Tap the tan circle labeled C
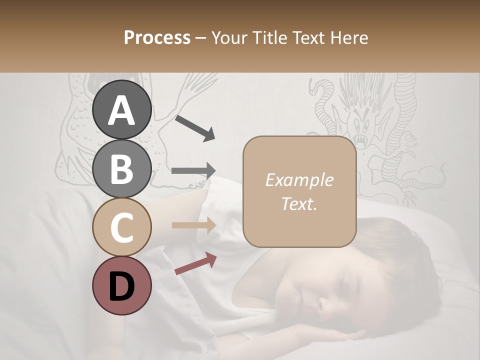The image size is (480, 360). (x=121, y=227)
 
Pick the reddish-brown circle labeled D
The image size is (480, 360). (x=121, y=285)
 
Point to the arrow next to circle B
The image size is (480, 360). (x=193, y=170)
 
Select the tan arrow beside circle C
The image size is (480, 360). (x=193, y=225)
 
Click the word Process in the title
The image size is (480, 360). (x=157, y=37)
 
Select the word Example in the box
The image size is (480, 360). (x=299, y=180)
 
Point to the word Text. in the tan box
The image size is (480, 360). (x=299, y=203)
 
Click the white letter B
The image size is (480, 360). (x=121, y=168)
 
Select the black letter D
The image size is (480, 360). (x=121, y=286)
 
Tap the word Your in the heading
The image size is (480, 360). (x=228, y=37)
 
